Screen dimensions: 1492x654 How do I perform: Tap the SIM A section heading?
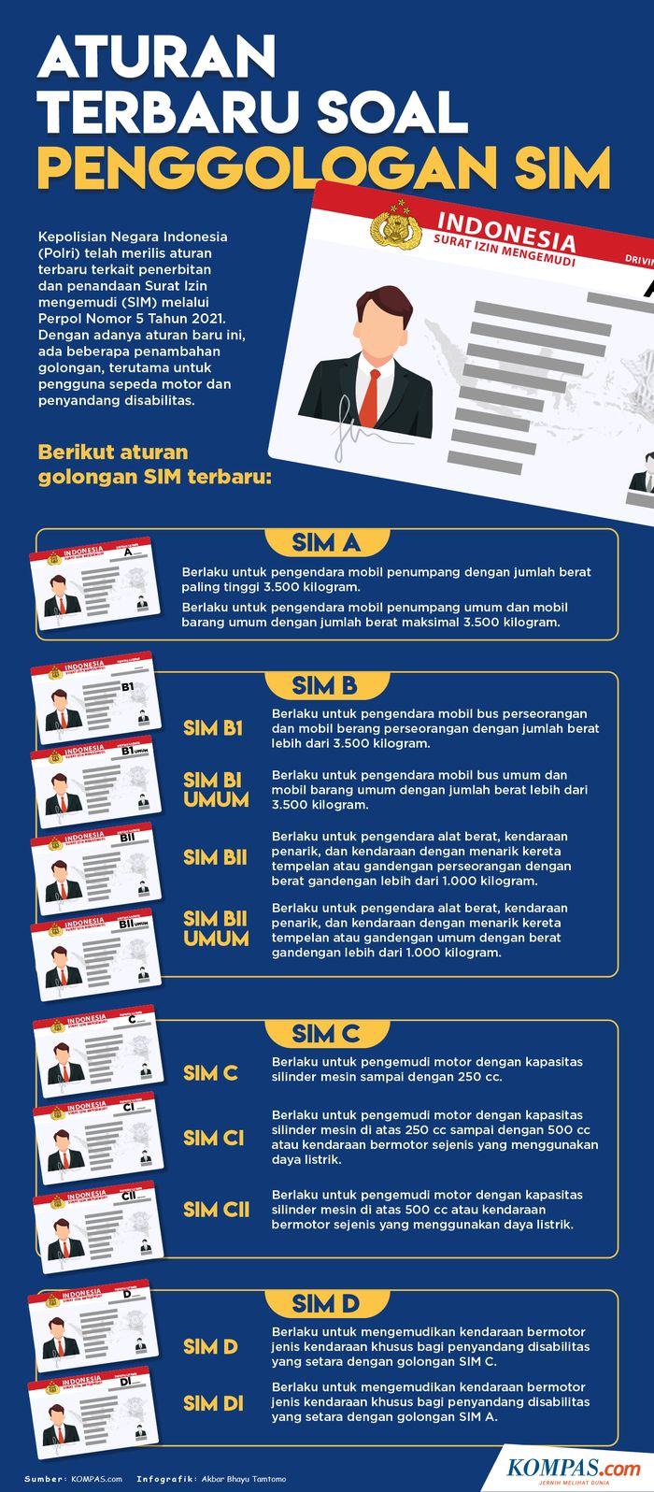(326, 543)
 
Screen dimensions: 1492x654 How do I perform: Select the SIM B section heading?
(325, 686)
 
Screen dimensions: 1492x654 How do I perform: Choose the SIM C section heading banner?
(326, 1034)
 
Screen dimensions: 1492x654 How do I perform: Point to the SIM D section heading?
(326, 1304)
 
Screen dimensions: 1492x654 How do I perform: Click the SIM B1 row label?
(213, 728)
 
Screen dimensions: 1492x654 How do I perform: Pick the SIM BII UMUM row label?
(216, 928)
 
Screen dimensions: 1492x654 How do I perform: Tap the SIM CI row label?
(214, 1138)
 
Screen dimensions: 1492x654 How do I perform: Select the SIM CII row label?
(217, 1210)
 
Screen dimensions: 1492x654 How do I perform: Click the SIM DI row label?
(214, 1403)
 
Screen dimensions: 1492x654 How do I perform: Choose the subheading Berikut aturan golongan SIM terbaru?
(155, 465)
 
